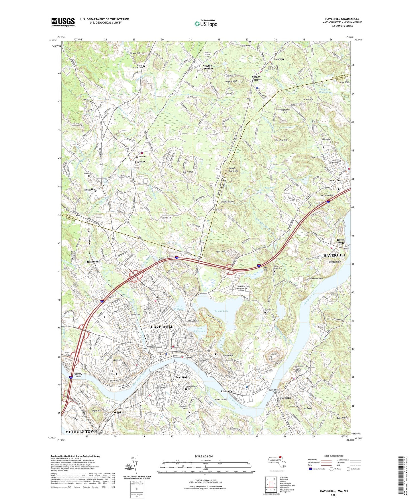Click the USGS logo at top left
click(63, 22)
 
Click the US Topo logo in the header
click(206, 24)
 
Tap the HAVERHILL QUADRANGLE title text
click(342, 19)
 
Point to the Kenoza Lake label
click(221, 311)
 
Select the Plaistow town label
click(140, 162)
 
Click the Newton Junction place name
click(207, 67)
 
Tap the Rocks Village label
click(340, 241)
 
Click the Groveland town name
click(284, 398)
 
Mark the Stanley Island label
click(78, 375)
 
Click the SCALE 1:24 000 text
click(203, 456)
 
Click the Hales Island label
click(220, 399)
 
